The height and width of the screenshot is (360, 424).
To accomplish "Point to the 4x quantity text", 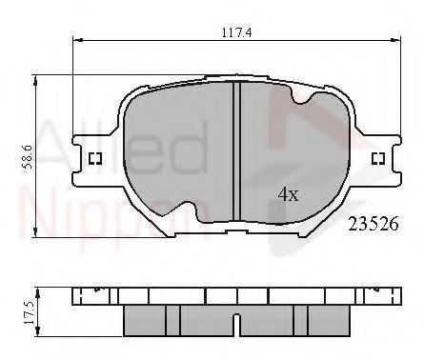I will coord(288,195).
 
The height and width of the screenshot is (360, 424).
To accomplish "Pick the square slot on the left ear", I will coord(94,158).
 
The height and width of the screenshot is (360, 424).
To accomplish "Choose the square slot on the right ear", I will coord(377,158).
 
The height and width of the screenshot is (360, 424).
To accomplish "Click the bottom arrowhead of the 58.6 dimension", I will coord(37,232).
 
